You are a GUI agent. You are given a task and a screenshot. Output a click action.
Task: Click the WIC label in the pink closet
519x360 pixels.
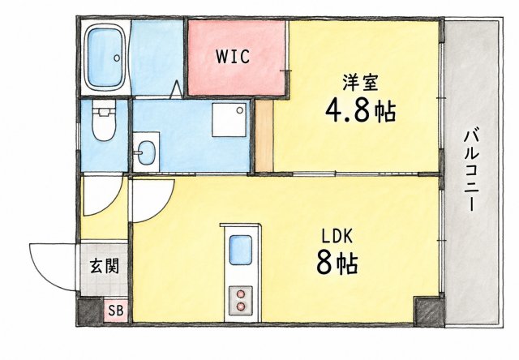[x=233, y=56]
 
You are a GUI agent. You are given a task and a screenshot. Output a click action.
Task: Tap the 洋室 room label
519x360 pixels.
[x=360, y=83]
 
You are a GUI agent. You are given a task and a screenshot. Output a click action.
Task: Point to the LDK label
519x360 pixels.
[x=337, y=237]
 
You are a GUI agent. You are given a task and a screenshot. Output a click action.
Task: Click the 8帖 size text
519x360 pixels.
[x=337, y=263]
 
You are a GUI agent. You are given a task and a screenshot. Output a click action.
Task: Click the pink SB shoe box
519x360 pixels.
[x=115, y=311]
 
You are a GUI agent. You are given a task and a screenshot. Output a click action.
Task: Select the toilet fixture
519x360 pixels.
[x=104, y=121]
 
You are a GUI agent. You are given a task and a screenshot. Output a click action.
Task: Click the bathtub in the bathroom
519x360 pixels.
[x=105, y=58]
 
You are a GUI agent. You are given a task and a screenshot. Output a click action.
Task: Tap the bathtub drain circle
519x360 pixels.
[x=116, y=58]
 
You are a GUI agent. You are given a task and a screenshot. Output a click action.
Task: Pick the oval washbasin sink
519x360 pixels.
[x=146, y=152]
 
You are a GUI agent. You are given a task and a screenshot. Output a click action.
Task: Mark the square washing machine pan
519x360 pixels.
[x=229, y=120]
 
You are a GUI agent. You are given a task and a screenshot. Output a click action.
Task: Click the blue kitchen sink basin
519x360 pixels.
[x=241, y=250]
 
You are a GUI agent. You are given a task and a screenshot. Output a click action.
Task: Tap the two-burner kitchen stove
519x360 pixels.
[x=241, y=301]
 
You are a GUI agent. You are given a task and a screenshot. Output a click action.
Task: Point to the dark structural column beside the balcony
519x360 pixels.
[x=429, y=311]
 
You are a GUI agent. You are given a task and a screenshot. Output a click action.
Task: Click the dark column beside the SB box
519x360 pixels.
[x=90, y=311]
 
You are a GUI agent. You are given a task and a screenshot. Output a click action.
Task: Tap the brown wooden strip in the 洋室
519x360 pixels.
[x=264, y=136]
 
